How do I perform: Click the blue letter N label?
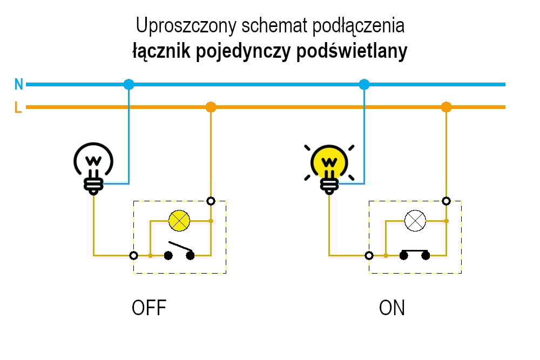point(19,84)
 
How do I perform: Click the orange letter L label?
point(18,107)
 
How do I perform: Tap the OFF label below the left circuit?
point(149,308)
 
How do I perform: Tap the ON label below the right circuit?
point(392,308)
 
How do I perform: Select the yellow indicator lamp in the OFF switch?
point(179,220)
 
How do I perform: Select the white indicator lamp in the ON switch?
point(415,220)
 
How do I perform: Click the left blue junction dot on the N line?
point(129,84)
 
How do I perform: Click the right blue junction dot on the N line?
point(364,84)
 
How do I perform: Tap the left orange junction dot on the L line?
point(211,107)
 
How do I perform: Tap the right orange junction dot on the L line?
point(446,107)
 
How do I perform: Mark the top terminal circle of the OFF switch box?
point(211,201)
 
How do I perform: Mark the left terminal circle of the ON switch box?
point(369,255)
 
